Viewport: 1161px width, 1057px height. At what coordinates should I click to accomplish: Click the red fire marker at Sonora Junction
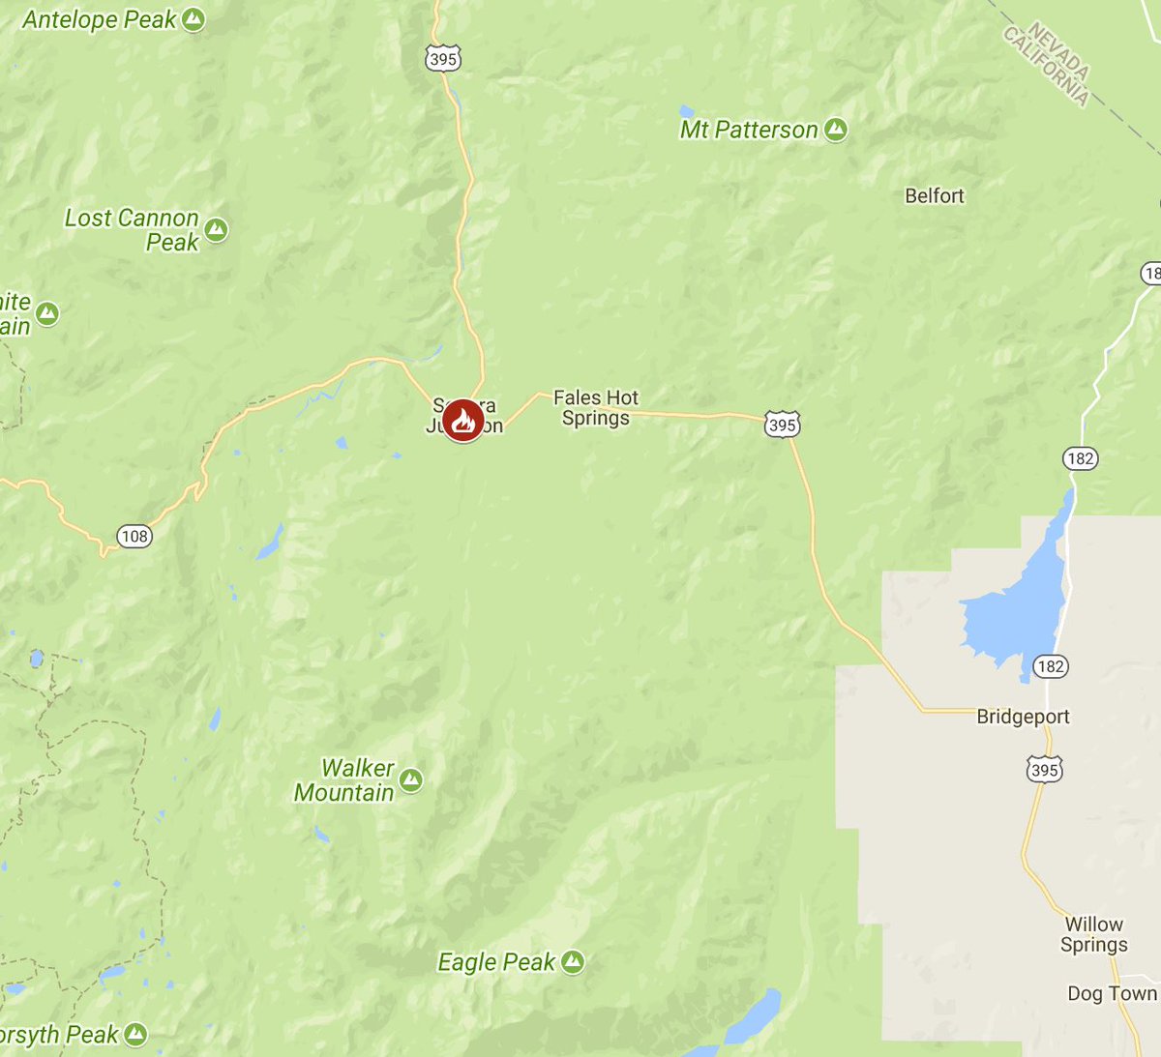coord(463,421)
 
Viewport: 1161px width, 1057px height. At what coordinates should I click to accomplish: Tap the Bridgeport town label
coord(1023,717)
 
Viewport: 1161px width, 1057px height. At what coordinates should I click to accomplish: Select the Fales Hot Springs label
coord(596,408)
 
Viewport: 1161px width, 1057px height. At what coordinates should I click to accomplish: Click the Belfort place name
coord(935,196)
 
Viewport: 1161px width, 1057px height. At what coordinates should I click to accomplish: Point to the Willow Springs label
coord(1094,934)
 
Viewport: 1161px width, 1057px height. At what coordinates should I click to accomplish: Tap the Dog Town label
coord(1112,994)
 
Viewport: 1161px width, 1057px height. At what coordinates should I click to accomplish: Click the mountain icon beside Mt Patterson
coord(836,130)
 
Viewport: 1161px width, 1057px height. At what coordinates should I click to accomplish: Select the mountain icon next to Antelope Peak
coord(193,19)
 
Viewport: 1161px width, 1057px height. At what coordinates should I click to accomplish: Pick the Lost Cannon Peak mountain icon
coord(216,230)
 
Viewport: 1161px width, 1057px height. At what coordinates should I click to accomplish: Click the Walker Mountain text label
coord(345,780)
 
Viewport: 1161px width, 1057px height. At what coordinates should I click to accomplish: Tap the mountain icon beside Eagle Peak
coord(573,961)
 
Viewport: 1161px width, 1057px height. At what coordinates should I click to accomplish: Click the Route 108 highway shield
coord(134,536)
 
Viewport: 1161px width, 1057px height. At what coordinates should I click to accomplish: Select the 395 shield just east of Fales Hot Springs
coord(782,425)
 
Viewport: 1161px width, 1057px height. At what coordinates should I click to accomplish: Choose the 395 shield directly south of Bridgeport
coord(1044,770)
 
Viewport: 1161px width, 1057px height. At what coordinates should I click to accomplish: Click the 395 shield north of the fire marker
coord(442,59)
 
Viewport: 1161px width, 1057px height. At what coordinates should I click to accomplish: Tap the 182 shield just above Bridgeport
coord(1050,665)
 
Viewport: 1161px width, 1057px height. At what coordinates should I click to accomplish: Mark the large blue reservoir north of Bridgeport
coord(1016,609)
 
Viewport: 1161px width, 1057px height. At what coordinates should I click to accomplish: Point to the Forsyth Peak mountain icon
coord(135,1035)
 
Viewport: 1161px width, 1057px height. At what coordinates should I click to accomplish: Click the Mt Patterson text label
coord(749,130)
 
